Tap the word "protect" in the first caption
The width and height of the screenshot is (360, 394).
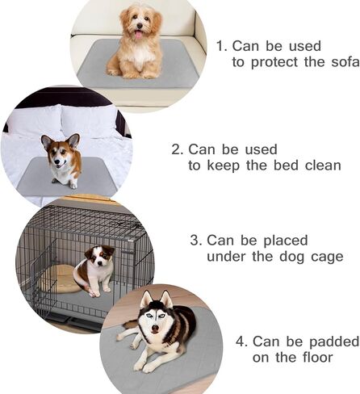pyautogui.click(x=274, y=62)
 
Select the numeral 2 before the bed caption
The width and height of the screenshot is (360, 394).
pyautogui.click(x=176, y=149)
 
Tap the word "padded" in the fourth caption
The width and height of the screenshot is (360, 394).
pyautogui.click(x=334, y=342)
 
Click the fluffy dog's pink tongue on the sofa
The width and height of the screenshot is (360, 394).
pyautogui.click(x=138, y=35)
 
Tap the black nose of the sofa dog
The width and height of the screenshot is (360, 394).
pyautogui.click(x=140, y=26)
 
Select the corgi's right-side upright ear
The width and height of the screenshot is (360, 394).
pyautogui.click(x=73, y=140)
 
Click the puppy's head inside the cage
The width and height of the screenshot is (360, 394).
pyautogui.click(x=99, y=256)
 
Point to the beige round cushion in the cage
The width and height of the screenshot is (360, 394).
pyautogui.click(x=60, y=279)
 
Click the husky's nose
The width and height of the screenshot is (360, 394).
pyautogui.click(x=155, y=329)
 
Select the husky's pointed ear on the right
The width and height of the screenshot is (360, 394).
pyautogui.click(x=166, y=299)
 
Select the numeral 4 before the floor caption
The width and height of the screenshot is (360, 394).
pyautogui.click(x=241, y=342)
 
